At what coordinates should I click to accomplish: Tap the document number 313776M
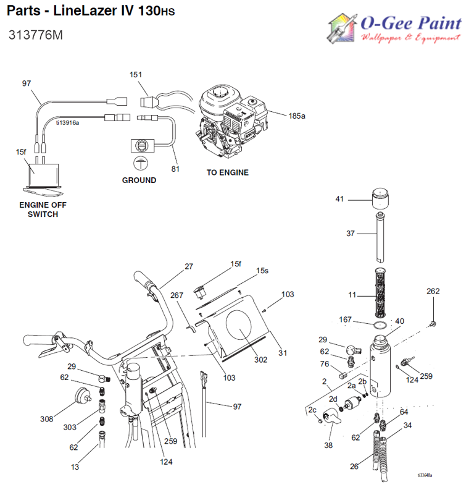pyautogui.click(x=36, y=35)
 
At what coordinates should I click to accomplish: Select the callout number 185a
pyautogui.click(x=297, y=116)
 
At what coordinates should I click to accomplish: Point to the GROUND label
pyautogui.click(x=139, y=180)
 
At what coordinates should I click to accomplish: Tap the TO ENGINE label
pyautogui.click(x=227, y=172)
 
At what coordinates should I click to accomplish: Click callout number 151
pyautogui.click(x=135, y=75)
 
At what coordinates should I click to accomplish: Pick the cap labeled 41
pyautogui.click(x=381, y=200)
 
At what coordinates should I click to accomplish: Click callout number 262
pyautogui.click(x=434, y=291)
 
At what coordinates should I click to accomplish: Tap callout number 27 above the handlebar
pyautogui.click(x=189, y=266)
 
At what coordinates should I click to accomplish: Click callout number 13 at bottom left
pyautogui.click(x=75, y=467)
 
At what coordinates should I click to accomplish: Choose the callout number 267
pyautogui.click(x=177, y=295)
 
